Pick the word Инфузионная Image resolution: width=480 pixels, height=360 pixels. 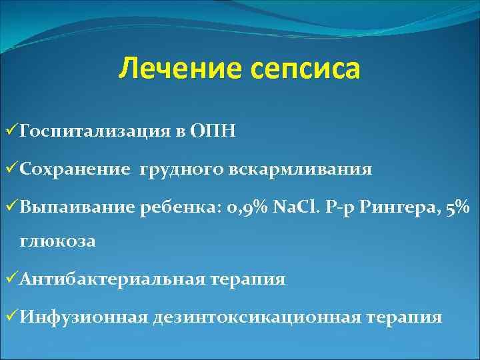click(x=83, y=317)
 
